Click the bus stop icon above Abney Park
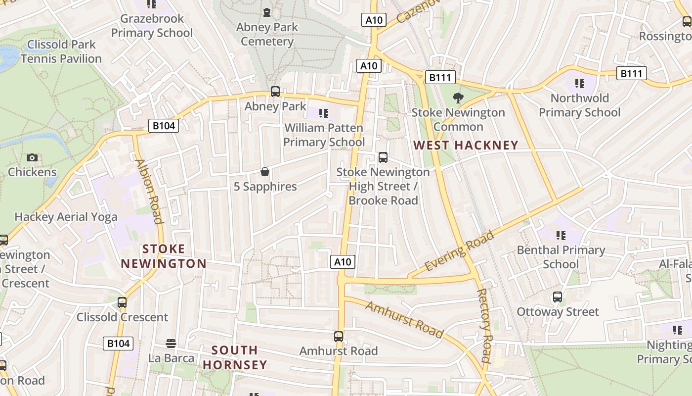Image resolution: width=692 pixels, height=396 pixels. tap(275, 92)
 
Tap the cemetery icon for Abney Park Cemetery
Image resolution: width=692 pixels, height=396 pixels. tap(267, 12)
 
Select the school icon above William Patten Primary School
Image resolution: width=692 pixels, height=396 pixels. tap(324, 113)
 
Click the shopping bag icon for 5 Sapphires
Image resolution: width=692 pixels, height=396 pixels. tap(265, 172)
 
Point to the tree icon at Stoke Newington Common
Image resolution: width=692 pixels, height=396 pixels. tap(458, 98)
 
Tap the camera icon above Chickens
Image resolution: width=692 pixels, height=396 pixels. tap(32, 157)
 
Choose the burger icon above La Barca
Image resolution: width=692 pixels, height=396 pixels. tap(171, 343)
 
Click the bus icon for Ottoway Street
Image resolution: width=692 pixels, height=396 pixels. tap(558, 297)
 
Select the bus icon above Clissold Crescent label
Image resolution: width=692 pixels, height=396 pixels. tap(122, 302)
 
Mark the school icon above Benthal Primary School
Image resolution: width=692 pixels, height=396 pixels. tap(561, 235)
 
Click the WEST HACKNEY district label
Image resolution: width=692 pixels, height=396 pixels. tap(466, 146)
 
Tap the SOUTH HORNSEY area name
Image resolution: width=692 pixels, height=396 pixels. tap(235, 357)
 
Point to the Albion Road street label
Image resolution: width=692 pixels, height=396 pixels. tap(149, 191)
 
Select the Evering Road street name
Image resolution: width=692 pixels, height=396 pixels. tap(459, 250)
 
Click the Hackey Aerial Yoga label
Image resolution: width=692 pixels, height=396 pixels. tap(66, 217)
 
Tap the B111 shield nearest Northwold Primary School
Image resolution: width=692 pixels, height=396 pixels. tap(631, 74)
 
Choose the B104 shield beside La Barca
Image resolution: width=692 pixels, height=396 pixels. tap(118, 343)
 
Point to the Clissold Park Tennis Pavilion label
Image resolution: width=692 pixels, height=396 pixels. tap(61, 51)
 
